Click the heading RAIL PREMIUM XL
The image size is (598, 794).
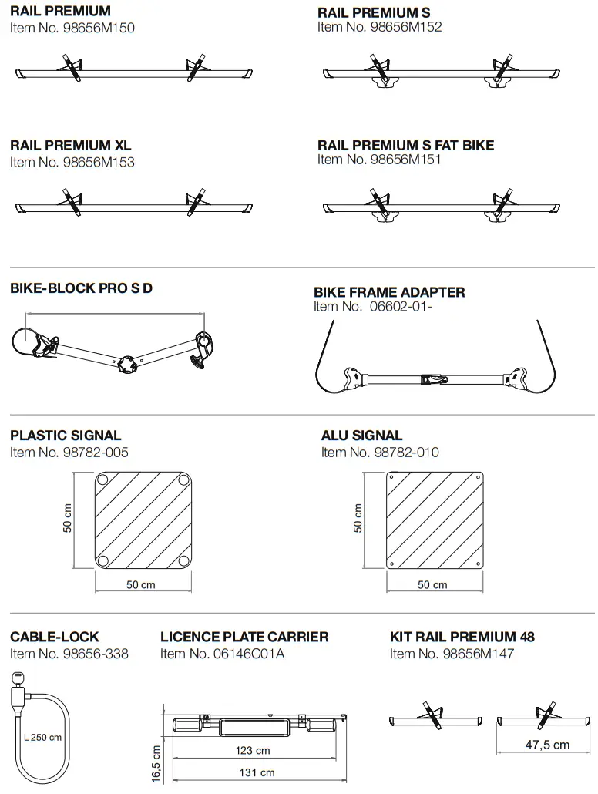(71, 146)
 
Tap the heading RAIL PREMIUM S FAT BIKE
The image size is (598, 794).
(405, 145)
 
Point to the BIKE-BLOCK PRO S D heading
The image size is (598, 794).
(81, 288)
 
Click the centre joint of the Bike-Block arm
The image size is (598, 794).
(126, 363)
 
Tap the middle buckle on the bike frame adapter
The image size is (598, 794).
(435, 379)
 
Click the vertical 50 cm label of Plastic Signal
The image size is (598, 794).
(68, 520)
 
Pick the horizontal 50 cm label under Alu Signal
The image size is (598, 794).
(432, 585)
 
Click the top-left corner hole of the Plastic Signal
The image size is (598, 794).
(102, 480)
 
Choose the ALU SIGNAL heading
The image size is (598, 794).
(361, 436)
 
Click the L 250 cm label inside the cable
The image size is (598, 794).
(42, 738)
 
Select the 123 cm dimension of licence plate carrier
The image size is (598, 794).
(252, 751)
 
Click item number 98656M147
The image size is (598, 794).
(452, 654)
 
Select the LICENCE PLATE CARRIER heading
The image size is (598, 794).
(244, 638)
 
